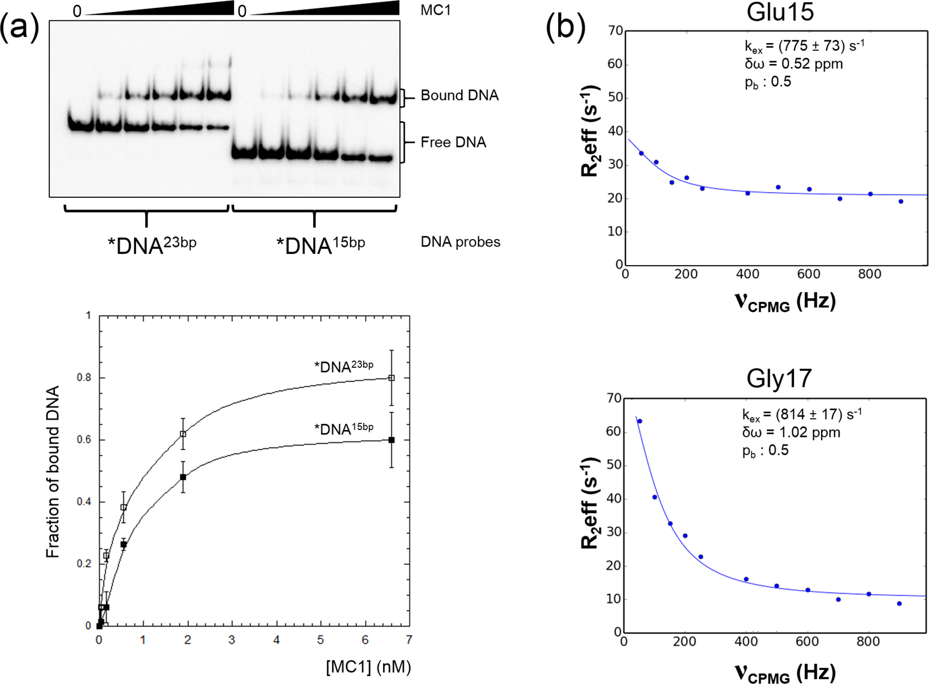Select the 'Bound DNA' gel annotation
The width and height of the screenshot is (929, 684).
point(459,96)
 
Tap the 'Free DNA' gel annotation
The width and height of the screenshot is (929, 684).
point(453,142)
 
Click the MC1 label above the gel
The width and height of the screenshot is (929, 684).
point(435,11)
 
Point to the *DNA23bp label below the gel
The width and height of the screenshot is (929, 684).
point(152,245)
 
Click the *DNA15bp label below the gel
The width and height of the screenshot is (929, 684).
point(320,245)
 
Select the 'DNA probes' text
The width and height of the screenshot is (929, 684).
point(461,242)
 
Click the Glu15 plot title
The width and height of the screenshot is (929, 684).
point(780,12)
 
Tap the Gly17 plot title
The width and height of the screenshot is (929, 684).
point(779,378)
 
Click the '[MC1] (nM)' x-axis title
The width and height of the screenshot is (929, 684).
point(368,667)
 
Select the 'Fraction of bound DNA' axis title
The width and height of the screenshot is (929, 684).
point(53,472)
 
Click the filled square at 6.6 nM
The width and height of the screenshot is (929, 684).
point(392,440)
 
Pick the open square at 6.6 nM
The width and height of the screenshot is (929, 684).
point(392,378)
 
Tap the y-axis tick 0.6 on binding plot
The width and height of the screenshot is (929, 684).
point(84,440)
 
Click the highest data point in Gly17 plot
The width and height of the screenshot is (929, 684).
point(640,421)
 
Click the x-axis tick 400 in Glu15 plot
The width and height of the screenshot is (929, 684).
point(748,274)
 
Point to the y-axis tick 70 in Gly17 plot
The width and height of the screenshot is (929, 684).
point(614,399)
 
